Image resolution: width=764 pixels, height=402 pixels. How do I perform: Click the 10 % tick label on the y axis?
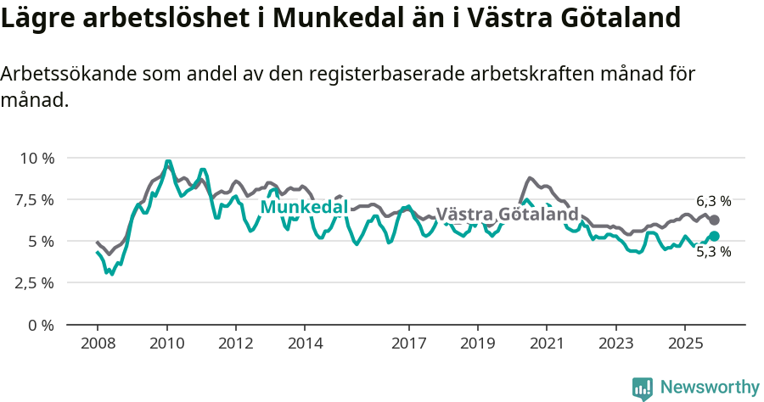click(x=37, y=159)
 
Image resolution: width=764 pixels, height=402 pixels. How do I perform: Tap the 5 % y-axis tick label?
click(x=42, y=242)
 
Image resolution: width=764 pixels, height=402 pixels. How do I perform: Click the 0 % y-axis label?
click(x=42, y=325)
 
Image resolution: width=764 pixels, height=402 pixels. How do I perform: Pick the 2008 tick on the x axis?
click(x=98, y=345)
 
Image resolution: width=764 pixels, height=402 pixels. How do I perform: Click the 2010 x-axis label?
click(x=166, y=345)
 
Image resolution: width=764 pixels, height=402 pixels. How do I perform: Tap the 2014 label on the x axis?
click(x=305, y=345)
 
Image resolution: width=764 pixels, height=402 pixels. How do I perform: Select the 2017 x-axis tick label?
click(x=408, y=345)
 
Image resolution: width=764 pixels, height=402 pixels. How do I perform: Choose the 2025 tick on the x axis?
click(x=684, y=345)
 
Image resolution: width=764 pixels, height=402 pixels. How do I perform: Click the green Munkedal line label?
click(x=304, y=207)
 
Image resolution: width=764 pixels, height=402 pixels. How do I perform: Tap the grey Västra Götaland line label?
click(x=507, y=215)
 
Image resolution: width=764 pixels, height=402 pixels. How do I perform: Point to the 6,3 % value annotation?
click(x=713, y=202)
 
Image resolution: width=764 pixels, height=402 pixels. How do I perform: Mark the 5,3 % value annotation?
click(x=713, y=252)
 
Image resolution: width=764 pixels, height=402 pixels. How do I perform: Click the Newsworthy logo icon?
click(x=643, y=388)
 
